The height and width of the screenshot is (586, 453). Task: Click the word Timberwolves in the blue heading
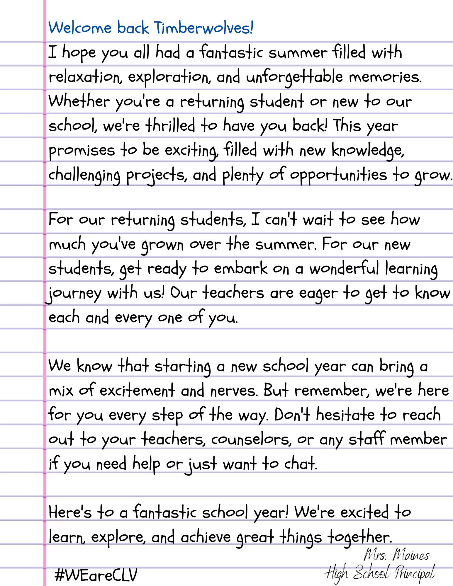click(203, 28)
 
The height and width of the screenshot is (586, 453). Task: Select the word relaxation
click(85, 77)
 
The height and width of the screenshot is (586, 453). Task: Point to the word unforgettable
click(294, 77)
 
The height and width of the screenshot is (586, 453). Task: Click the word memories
click(385, 77)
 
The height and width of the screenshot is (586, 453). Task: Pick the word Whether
click(79, 102)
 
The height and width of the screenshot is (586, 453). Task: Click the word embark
click(240, 269)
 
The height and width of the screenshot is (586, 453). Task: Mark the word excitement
click(137, 391)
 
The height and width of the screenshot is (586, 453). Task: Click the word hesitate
click(345, 415)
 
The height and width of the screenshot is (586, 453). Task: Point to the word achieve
click(206, 537)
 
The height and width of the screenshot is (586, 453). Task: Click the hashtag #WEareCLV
click(96, 575)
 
